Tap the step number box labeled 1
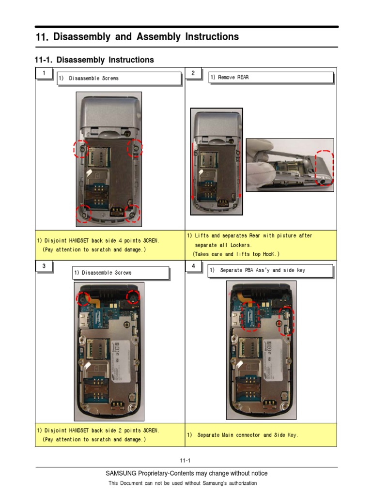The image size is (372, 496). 44,73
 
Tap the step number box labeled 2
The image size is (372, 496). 193,73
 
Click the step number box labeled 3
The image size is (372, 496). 44,266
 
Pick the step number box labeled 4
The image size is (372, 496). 193,266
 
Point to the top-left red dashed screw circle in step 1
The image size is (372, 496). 81,149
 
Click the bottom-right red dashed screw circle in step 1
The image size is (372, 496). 131,213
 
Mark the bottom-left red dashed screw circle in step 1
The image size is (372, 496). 83,213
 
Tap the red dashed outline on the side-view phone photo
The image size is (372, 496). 324,169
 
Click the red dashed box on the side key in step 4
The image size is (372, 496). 286,323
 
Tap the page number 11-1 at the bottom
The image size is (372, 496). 186,461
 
